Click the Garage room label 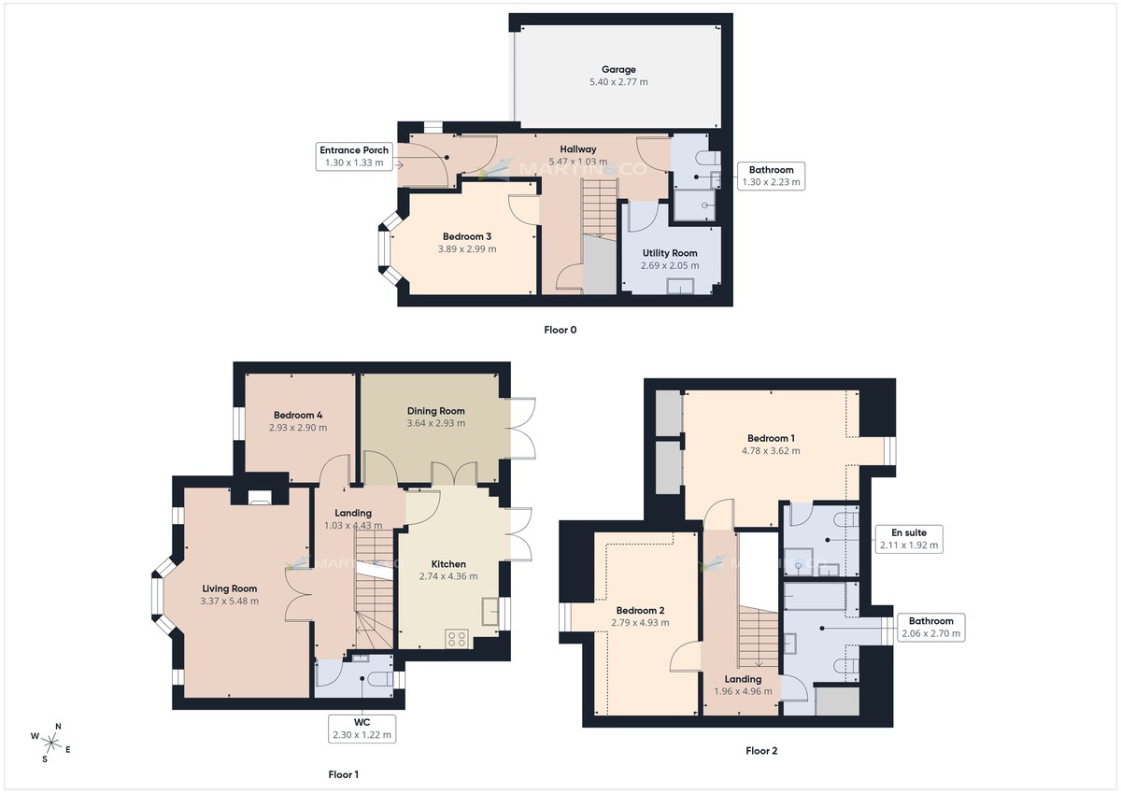[617, 69]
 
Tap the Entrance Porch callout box [354, 157]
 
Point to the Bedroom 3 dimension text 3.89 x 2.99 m [468, 249]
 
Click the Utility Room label [669, 253]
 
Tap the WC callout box [362, 729]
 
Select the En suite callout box [909, 539]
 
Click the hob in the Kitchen [458, 639]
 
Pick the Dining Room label [435, 411]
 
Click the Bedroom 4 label [298, 415]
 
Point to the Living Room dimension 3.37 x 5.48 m [229, 602]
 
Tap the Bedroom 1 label [771, 438]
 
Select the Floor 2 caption [761, 750]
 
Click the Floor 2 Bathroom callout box [928, 627]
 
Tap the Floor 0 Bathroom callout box [770, 177]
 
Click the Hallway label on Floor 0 [577, 149]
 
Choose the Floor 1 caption [343, 774]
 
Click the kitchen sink [490, 612]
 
